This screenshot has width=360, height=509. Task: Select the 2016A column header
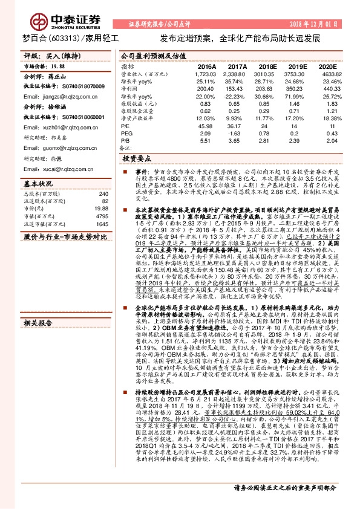207,66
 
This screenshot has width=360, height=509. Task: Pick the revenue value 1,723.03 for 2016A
206,74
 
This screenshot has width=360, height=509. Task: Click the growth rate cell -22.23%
238,96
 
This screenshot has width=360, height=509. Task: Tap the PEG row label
126,133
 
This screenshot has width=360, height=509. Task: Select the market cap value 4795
101,216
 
